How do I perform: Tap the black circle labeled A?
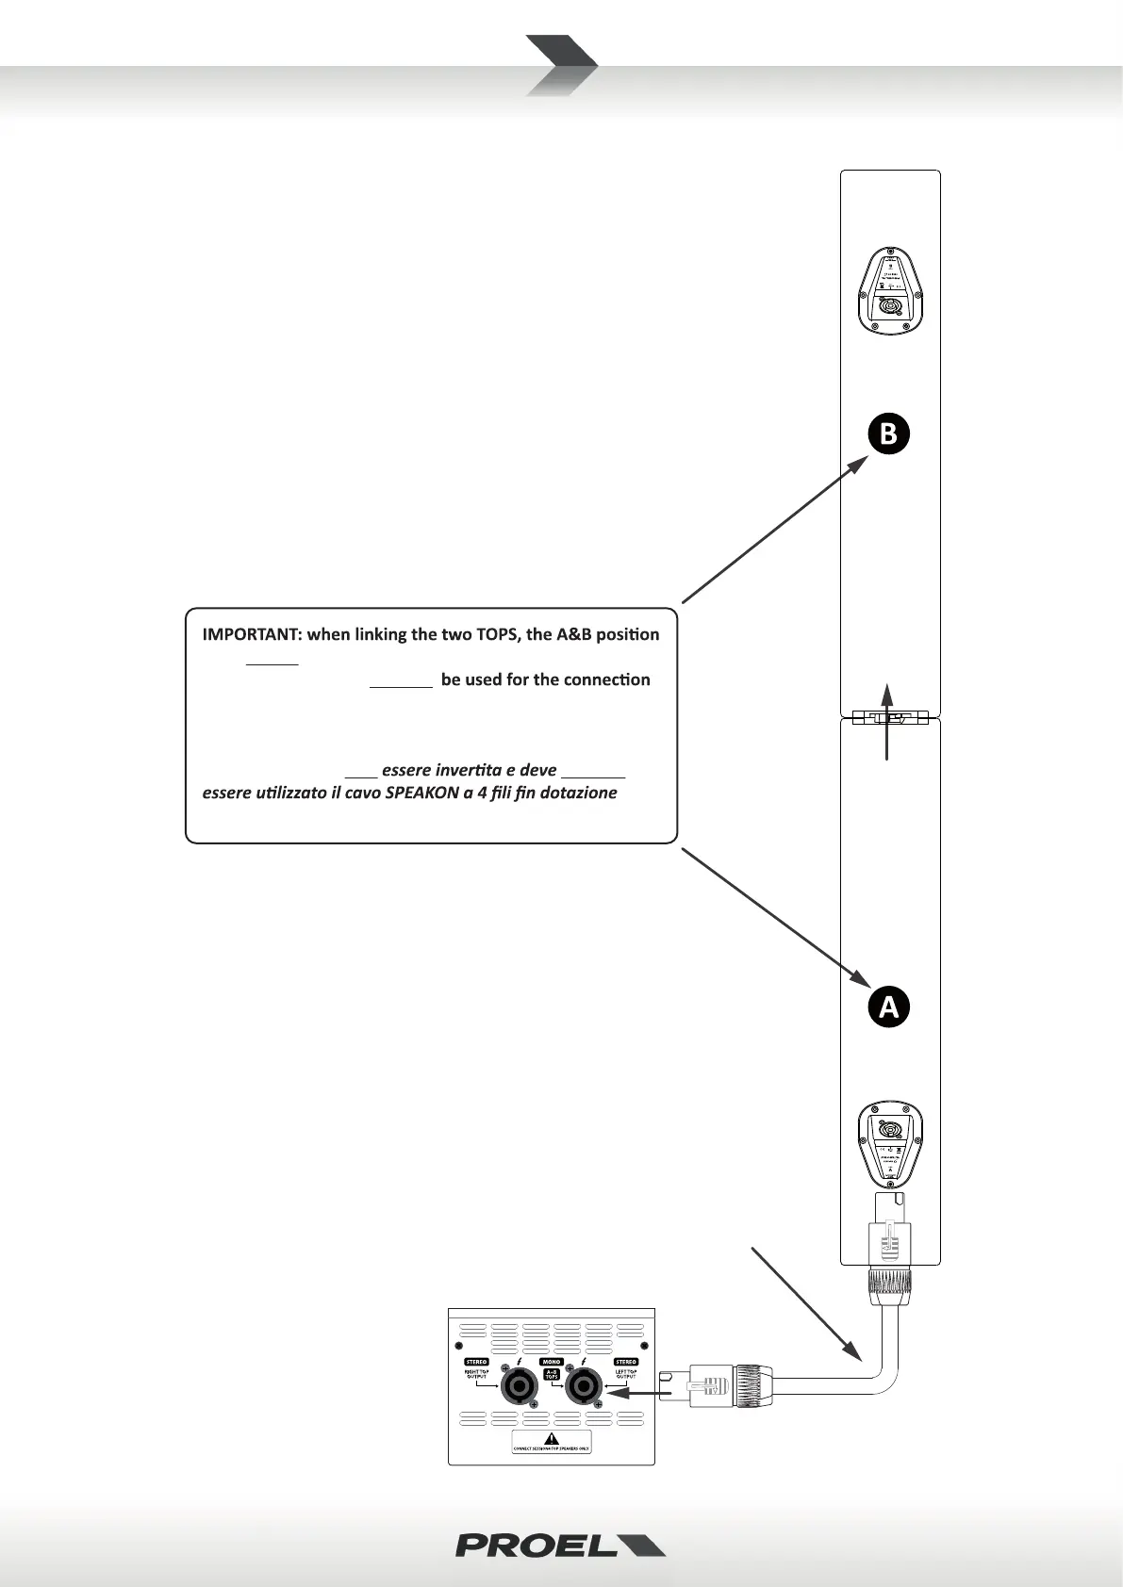(x=889, y=1007)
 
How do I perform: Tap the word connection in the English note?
(x=606, y=679)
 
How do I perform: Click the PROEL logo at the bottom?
(x=560, y=1545)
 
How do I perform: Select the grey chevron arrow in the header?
(x=561, y=65)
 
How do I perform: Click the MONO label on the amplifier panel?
(x=552, y=1362)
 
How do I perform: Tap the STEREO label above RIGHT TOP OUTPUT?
(x=476, y=1362)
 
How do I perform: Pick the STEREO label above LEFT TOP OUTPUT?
(x=626, y=1362)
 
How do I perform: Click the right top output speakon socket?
(x=518, y=1386)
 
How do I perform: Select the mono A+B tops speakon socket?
(x=583, y=1386)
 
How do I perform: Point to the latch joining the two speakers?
(x=889, y=718)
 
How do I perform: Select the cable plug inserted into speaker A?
(x=889, y=1244)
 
